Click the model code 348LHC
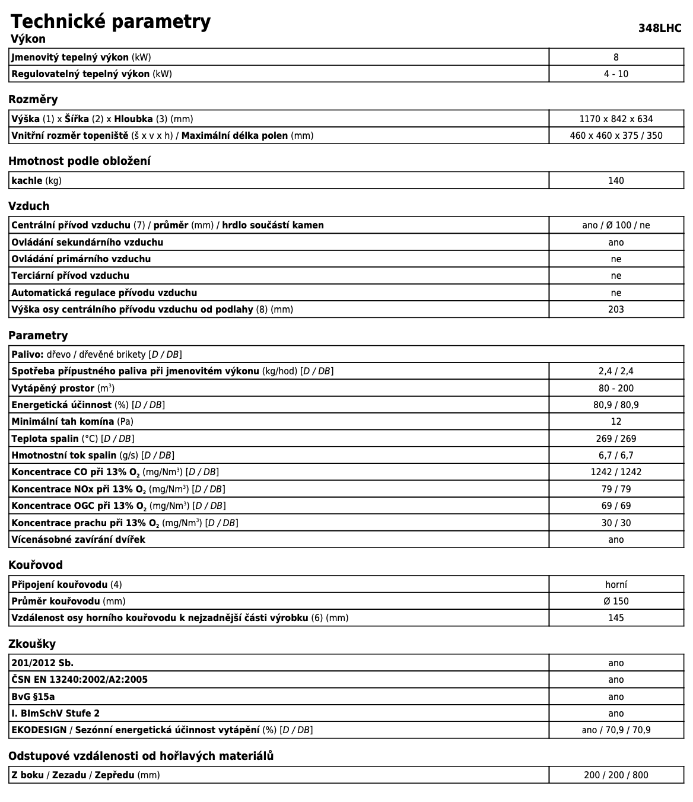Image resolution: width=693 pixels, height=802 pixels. point(660,28)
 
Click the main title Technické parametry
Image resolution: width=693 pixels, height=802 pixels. point(110,21)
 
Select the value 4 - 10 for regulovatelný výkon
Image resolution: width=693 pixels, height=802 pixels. point(616,74)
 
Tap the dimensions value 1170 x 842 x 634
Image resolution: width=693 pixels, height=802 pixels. point(616,119)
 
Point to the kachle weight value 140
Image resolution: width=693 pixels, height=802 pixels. point(616,181)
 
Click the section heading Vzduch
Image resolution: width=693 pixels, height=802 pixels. point(29,206)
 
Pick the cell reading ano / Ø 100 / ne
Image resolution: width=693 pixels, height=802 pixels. point(616,225)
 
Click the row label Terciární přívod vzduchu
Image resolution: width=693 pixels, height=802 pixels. point(70,276)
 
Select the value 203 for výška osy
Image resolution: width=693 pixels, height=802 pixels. point(616,310)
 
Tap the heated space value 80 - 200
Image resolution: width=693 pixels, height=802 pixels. point(616,389)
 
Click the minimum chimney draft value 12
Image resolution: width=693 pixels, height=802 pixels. point(616,422)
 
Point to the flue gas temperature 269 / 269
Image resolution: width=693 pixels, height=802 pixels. point(616,439)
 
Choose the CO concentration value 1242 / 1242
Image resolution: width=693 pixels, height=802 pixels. point(616,472)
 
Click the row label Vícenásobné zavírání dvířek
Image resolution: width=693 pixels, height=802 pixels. point(78,540)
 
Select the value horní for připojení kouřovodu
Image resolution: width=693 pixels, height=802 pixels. point(616,585)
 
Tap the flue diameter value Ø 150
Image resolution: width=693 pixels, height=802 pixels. point(616,601)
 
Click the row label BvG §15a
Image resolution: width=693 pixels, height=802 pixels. point(33,697)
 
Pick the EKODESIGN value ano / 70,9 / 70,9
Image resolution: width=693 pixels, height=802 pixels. point(616,730)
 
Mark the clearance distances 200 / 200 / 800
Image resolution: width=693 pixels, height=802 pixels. point(616,775)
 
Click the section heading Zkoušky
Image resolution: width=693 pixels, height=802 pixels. point(32,644)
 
